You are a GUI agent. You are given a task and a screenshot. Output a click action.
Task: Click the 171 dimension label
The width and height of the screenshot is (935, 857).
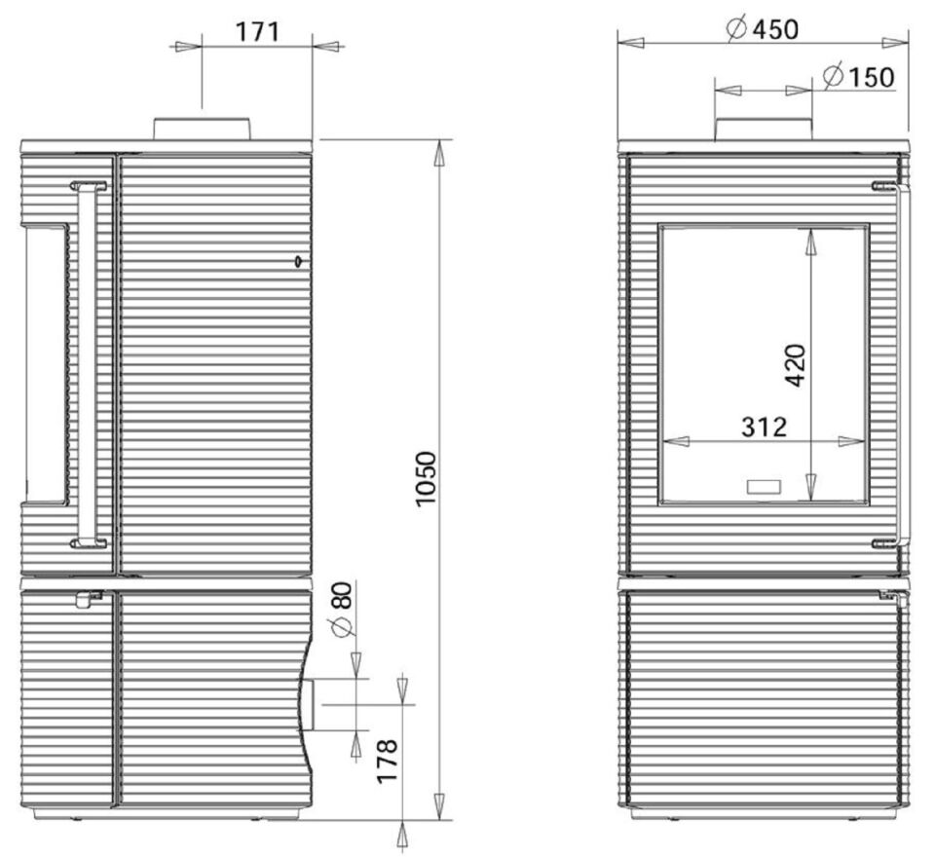coord(257,31)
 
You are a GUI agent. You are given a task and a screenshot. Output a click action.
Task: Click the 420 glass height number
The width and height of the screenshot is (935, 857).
coord(796,364)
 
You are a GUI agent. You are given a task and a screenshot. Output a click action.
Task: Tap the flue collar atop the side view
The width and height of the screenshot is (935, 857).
coord(202,129)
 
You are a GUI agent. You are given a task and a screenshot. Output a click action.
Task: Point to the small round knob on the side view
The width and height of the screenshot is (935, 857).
coord(296,261)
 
